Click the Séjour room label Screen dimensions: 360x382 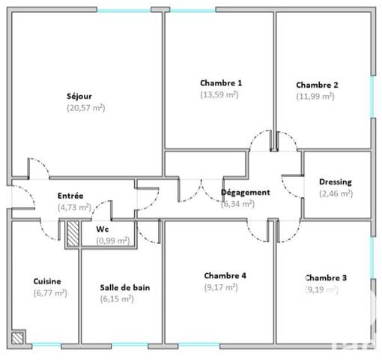(85, 96)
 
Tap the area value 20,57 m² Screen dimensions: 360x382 (85, 107)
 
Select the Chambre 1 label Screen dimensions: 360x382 (221, 83)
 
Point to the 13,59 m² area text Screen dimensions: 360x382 (220, 94)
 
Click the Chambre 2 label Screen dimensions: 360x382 (317, 85)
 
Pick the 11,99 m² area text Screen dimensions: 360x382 (316, 96)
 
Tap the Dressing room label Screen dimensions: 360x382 (335, 181)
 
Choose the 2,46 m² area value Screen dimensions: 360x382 (335, 193)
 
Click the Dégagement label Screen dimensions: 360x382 (245, 192)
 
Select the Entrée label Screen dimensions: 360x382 (70, 196)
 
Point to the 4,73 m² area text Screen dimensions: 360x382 (74, 207)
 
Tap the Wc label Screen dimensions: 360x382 (103, 229)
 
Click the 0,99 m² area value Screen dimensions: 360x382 (113, 240)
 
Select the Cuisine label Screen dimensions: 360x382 (47, 281)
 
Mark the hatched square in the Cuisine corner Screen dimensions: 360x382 (19, 337)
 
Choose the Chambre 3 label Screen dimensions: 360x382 (326, 277)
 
